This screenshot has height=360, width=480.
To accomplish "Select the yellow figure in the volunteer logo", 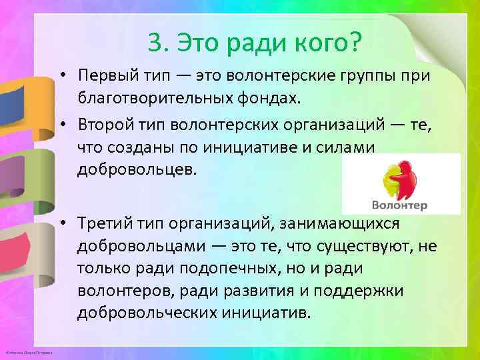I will pos(388,181).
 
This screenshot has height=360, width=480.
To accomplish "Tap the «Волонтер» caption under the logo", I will pos(401,205).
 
